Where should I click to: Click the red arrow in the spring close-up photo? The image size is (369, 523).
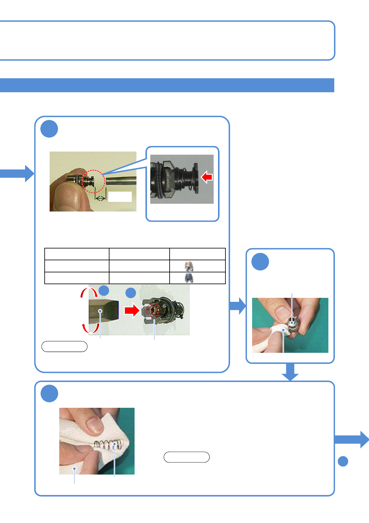tap(207, 177)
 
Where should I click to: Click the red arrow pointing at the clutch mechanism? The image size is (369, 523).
tap(132, 310)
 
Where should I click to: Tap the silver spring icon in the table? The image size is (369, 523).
tap(189, 266)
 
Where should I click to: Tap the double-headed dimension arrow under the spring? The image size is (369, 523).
tap(100, 198)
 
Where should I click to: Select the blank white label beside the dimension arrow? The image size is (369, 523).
tap(120, 197)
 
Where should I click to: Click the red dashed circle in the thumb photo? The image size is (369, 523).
tap(93, 181)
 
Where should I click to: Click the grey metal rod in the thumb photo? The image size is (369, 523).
tap(121, 181)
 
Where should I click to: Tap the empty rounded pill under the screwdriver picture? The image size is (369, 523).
tap(64, 346)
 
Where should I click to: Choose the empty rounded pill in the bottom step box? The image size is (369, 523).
tap(187, 457)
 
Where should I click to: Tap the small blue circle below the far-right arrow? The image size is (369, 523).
tap(343, 461)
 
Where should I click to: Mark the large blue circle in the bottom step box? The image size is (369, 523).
tap(49, 393)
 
